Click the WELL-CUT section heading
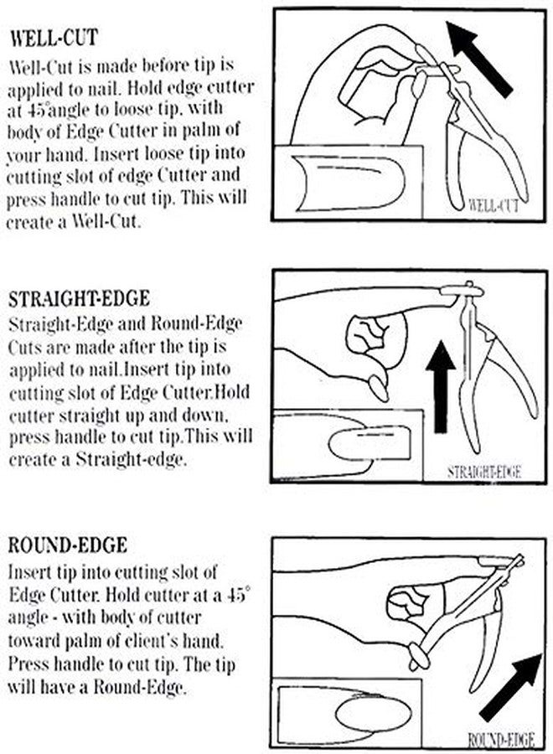54,38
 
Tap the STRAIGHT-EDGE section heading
80,298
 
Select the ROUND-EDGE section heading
68,545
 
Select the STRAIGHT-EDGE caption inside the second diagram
484,472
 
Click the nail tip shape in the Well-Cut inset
349,183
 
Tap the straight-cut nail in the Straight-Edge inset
369,443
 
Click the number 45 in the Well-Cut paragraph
28,110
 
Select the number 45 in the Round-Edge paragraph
235,596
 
